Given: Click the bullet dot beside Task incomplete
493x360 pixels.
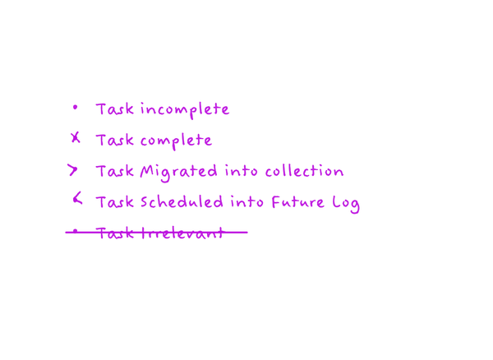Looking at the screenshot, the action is pos(75,108).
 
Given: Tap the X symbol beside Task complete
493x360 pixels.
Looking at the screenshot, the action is pos(76,138).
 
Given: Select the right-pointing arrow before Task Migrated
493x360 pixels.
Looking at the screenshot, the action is pos(72,170).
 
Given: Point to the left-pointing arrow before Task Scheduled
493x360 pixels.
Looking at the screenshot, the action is pos(77,198).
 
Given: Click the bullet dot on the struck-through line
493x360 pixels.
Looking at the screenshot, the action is pos(75,232).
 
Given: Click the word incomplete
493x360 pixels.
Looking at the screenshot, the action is pos(185,110).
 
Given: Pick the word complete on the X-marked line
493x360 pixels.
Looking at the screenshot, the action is pos(176,141).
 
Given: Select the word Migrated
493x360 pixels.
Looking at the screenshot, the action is pos(178,173).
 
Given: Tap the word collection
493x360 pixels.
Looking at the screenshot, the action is pos(304,171).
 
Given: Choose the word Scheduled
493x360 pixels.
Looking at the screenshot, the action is pos(182,201).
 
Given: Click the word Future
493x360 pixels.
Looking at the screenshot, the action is pos(297,202).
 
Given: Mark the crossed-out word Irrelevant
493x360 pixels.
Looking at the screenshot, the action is pos(182,233).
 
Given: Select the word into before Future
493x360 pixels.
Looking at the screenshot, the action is pos(246,202).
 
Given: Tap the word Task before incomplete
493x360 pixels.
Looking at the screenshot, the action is pos(115,109).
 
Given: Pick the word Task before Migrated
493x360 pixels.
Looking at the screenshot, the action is pos(115,171).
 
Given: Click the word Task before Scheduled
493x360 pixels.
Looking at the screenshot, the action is pos(115,202).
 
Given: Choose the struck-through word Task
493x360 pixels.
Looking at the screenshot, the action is pos(115,233).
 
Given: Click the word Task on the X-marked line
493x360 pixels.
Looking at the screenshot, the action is pos(115,140).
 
